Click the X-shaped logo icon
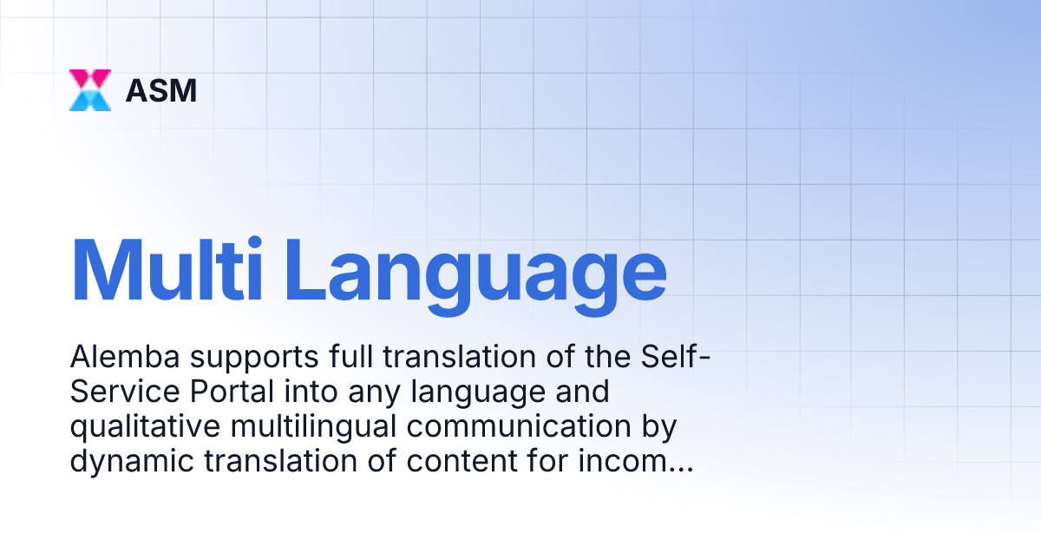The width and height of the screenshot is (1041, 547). point(90,90)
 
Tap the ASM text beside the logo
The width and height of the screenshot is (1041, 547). point(161,90)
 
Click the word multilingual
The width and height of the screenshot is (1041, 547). point(295,427)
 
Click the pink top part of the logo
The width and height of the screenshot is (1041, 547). point(90,77)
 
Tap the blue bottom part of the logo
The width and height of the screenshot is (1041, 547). point(90,102)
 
